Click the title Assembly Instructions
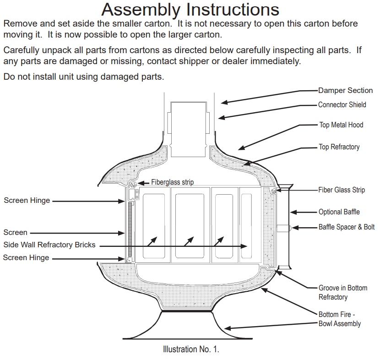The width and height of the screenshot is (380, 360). tap(190, 9)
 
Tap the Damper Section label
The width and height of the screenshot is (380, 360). tap(345, 91)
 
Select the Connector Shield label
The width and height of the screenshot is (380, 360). tap(342, 105)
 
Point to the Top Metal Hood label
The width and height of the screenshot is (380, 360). tap(341, 125)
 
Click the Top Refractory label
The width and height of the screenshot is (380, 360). tap(339, 147)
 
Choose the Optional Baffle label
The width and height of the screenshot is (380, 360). tap(339, 212)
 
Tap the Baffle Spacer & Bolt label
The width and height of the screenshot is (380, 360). tap(346, 227)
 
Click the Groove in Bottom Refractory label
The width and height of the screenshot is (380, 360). tap(342, 293)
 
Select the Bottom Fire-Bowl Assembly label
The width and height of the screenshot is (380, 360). tap(339, 319)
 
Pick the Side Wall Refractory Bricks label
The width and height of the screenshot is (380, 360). tap(49, 245)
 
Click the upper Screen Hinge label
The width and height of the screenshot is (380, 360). tap(26, 200)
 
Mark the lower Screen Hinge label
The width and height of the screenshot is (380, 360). tap(26, 258)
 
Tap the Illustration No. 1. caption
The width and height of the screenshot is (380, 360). tap(191, 349)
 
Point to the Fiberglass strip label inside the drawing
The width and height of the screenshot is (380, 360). tap(172, 182)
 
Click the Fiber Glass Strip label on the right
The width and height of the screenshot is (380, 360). tap(342, 190)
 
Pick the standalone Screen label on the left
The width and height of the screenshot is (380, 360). tap(15, 233)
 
